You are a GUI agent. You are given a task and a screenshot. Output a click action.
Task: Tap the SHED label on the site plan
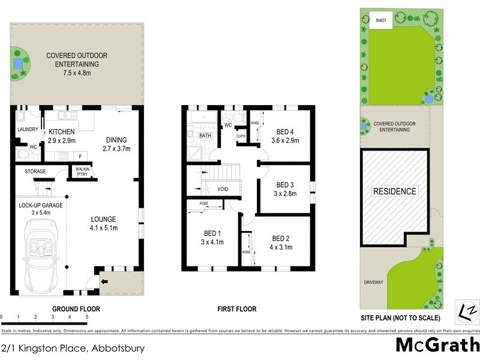(x=381, y=20)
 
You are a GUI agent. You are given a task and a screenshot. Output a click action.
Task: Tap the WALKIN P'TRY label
(x=82, y=172)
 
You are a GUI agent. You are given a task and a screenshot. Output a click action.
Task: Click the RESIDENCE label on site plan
(x=395, y=191)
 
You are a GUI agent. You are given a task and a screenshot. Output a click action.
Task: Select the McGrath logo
(x=436, y=345)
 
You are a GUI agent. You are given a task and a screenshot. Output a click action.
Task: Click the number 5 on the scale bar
(x=87, y=317)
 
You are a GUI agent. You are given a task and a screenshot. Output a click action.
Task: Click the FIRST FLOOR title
(x=236, y=309)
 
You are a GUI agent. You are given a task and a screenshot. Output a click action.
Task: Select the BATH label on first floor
(x=205, y=136)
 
